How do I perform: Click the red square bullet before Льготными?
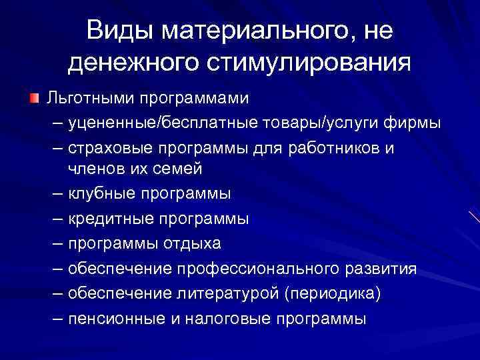coord(33,98)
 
